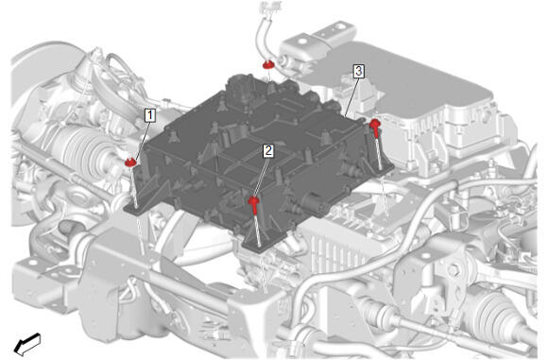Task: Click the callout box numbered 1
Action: point(150,115)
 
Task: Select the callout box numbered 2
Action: point(268,150)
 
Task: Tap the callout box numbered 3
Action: point(358,71)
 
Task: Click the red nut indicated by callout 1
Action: point(130,162)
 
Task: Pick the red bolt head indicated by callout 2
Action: point(253,200)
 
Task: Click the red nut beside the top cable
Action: point(268,64)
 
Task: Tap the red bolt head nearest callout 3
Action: point(375,123)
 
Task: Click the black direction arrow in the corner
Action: point(27,344)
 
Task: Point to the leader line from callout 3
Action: point(351,96)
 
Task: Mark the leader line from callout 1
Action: point(143,140)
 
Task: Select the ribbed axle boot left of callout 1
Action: point(80,151)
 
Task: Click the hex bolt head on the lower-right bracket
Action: point(454,270)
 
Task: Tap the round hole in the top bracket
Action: point(301,42)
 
